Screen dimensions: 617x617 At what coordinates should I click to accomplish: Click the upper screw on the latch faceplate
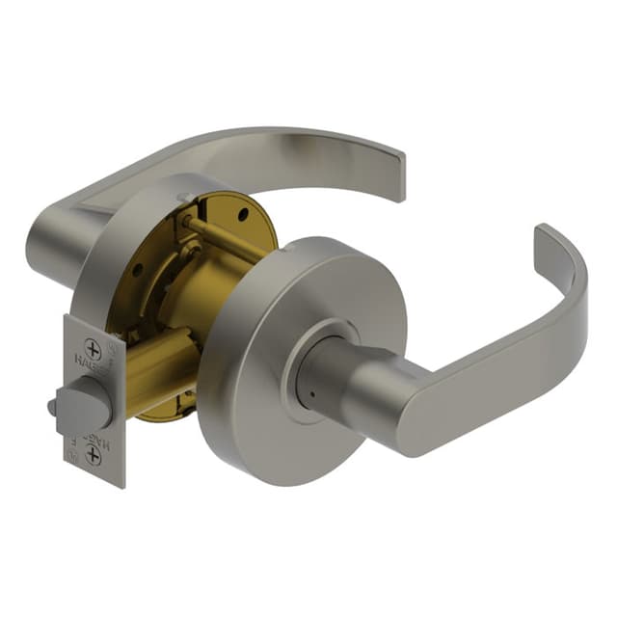[93, 349]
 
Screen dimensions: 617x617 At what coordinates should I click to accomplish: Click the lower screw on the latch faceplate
[93, 454]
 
